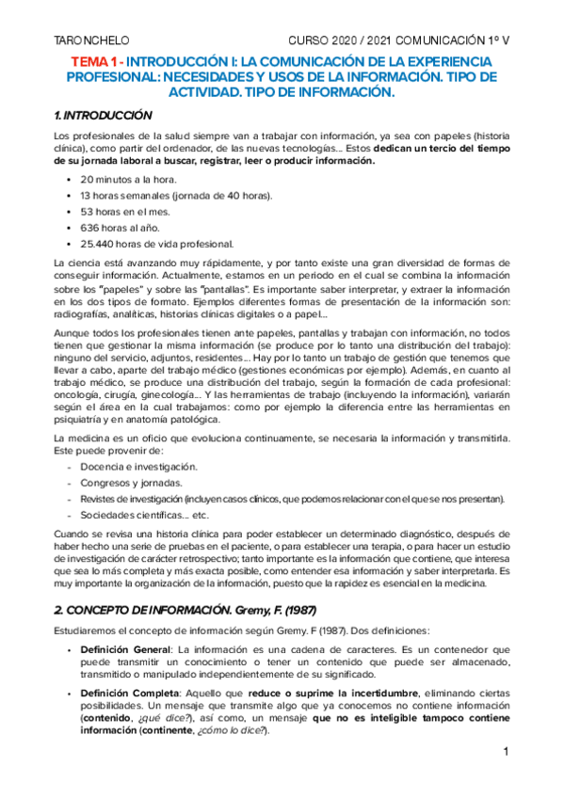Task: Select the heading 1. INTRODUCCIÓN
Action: [104, 115]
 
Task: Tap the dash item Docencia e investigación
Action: [138, 466]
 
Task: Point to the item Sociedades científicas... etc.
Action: [143, 515]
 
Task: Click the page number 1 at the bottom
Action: [506, 753]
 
